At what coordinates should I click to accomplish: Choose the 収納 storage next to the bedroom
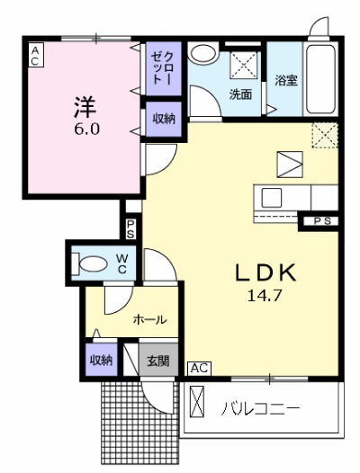[163, 119]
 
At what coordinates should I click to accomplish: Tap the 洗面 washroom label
[239, 94]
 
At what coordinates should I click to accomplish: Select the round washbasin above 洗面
[203, 53]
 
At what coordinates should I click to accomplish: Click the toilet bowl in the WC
[91, 264]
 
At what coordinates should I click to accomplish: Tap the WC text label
[121, 263]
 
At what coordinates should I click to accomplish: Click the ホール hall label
[148, 319]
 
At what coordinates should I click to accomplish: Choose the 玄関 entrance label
[157, 361]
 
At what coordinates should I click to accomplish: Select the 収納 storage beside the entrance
[101, 361]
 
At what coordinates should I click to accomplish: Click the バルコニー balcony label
[261, 409]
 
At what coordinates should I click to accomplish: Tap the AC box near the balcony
[199, 368]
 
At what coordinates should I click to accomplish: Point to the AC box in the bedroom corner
[35, 57]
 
